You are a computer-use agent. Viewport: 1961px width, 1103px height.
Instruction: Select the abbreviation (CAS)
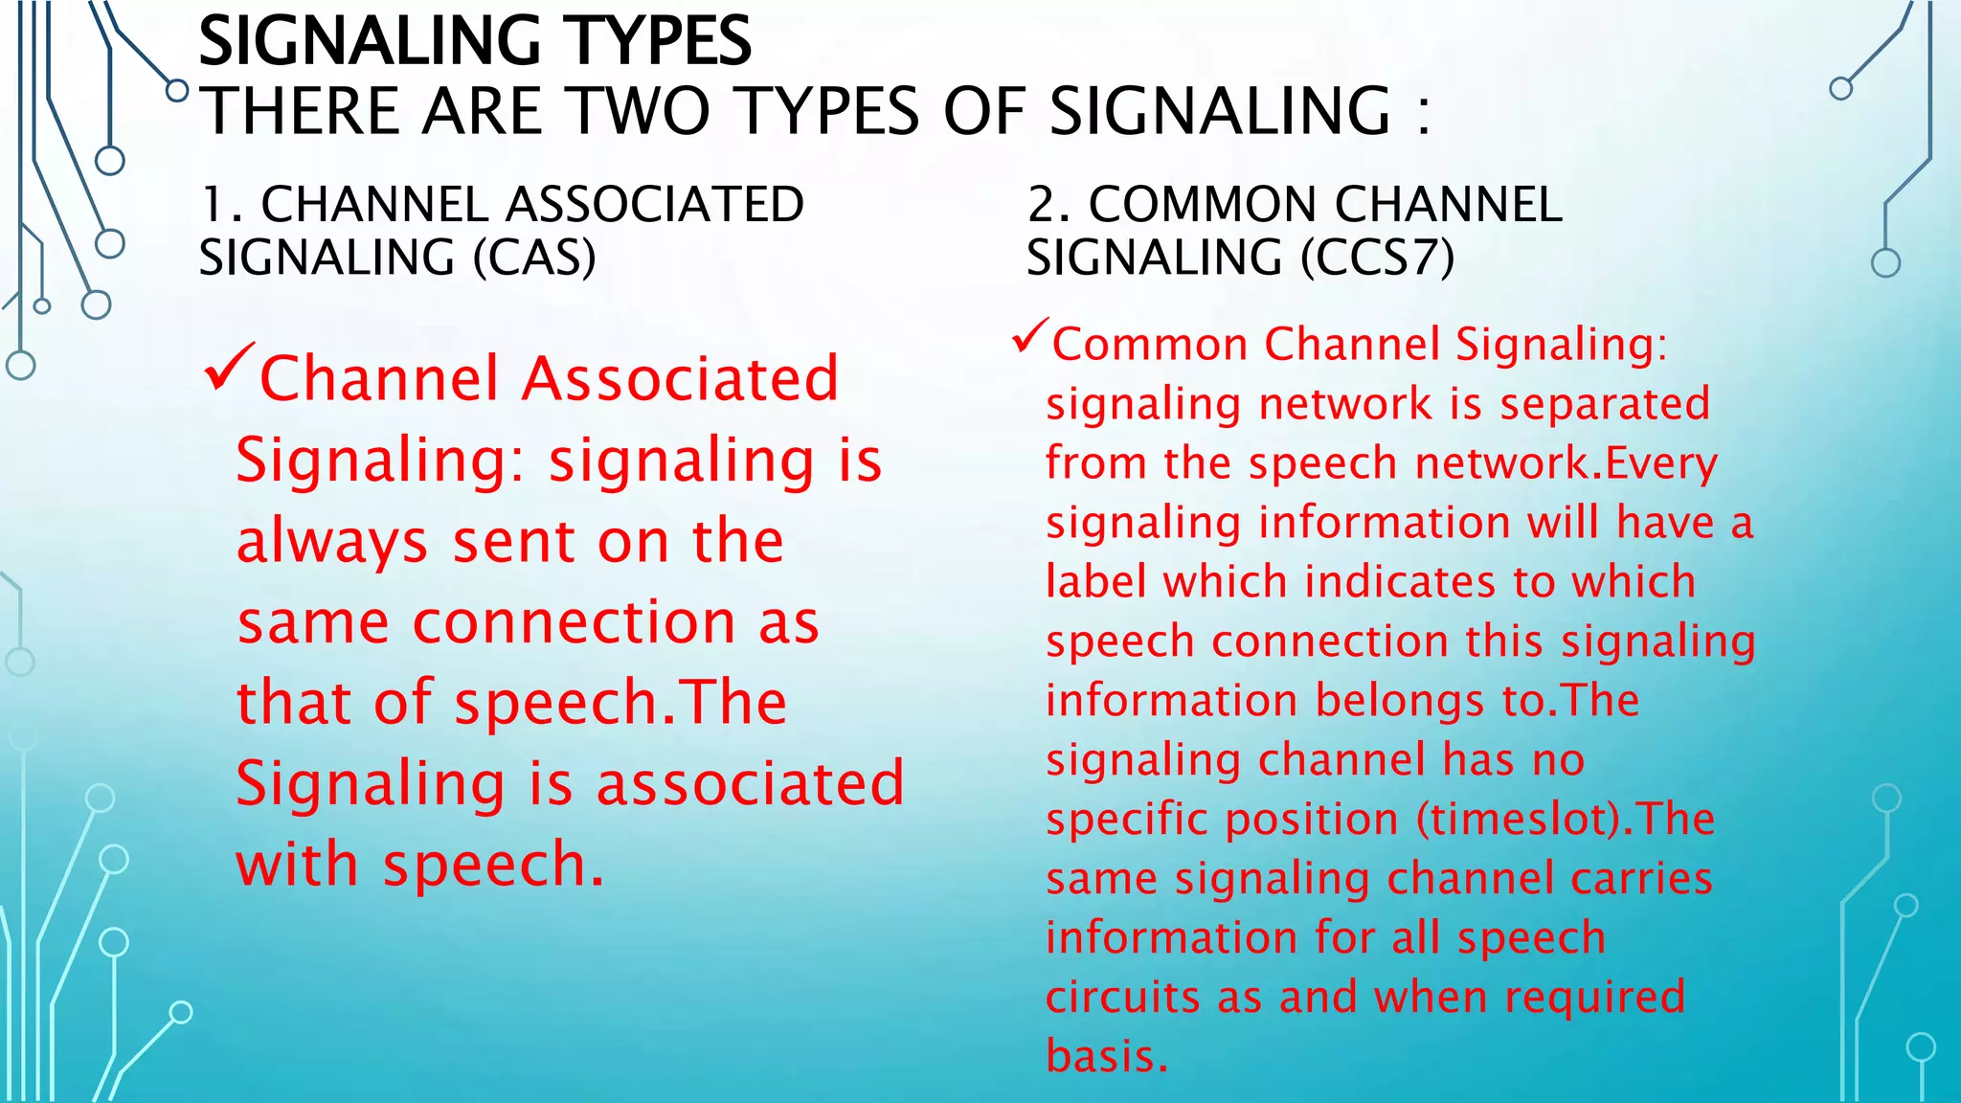[x=534, y=258]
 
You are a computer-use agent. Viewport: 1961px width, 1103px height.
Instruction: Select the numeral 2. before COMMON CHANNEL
[x=1049, y=205]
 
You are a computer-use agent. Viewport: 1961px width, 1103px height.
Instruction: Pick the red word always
[x=331, y=543]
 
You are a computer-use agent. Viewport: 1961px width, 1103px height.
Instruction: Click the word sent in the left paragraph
[x=512, y=543]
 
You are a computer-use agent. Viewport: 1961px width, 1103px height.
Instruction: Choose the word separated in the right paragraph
[x=1605, y=404]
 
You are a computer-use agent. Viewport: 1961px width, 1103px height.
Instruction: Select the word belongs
[x=1400, y=701]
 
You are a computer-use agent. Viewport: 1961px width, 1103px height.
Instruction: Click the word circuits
[x=1123, y=998]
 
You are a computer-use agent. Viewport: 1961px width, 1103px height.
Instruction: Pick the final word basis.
[x=1107, y=1057]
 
